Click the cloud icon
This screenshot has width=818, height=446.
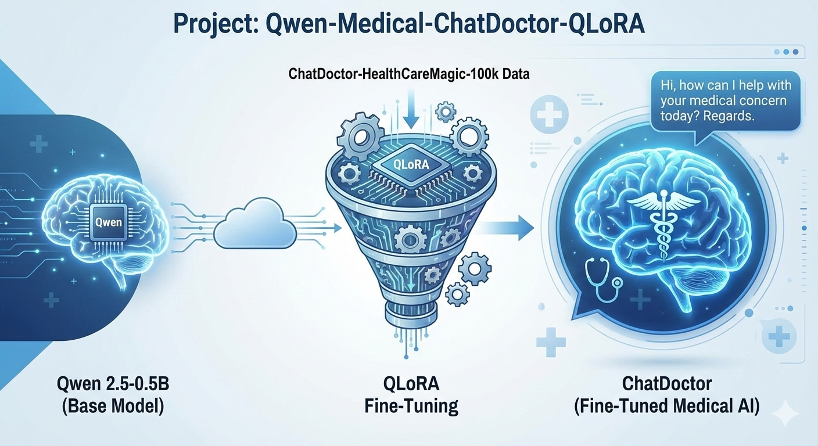coord(255,224)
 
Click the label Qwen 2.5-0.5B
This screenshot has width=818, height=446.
coord(113,384)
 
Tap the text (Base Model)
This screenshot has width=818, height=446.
coord(113,406)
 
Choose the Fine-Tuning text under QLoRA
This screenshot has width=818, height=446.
coord(411,406)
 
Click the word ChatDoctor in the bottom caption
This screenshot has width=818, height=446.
coord(667,384)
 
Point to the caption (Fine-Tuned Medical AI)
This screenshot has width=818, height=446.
coord(667,406)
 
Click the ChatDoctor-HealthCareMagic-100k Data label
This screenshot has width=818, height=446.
coord(409,74)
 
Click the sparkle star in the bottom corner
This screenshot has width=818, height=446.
coord(786,413)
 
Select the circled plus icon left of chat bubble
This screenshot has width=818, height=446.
coord(549,114)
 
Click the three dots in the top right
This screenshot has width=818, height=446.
coord(786,52)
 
